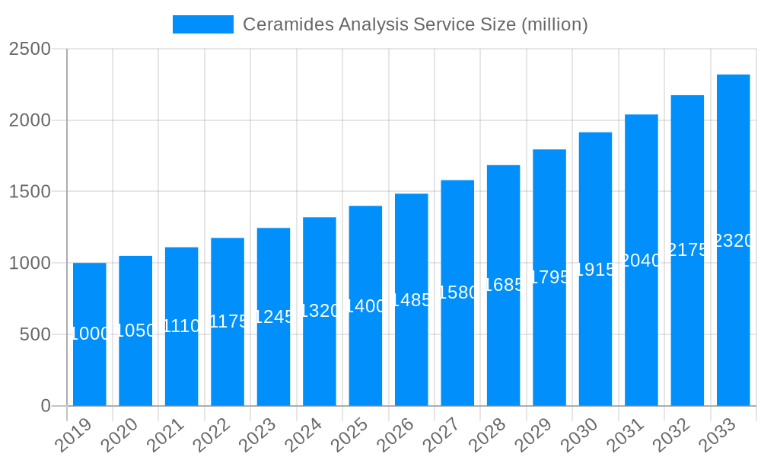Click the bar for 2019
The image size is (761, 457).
point(90,335)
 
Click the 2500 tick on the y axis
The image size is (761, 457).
point(30,50)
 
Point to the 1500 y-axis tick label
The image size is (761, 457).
point(30,192)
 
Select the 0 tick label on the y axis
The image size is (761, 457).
point(45,406)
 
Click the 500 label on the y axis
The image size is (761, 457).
point(35,334)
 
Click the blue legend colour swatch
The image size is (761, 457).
point(203,24)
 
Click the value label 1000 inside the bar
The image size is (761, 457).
point(90,334)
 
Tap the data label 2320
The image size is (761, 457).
point(734,241)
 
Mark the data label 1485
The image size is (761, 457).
point(412,300)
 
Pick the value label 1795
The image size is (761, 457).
point(549,277)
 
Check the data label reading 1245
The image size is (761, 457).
point(274,317)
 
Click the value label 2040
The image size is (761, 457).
point(642,260)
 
